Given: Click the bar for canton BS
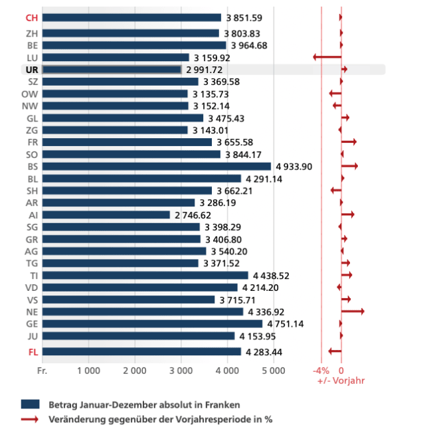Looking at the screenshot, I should point(156,166).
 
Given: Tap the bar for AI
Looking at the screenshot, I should point(106,215).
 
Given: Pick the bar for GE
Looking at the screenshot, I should point(152,323).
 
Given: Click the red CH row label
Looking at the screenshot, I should point(31,18).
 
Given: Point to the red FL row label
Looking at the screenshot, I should point(32,351).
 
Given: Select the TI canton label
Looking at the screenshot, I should point(33,275).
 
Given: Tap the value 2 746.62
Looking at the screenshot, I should point(193,215).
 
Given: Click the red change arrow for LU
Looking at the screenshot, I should point(327,57).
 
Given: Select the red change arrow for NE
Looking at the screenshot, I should point(353,311).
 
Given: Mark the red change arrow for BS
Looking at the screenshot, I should point(349,166).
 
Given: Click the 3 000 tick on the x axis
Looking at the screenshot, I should point(181,370).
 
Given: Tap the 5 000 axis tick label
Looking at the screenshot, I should point(273,370).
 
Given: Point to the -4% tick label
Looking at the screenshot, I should point(321,370).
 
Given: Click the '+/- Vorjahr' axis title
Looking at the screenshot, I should point(341,381).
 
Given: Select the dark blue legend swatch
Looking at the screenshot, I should point(31,404).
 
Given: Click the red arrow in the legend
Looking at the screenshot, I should point(31,419).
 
